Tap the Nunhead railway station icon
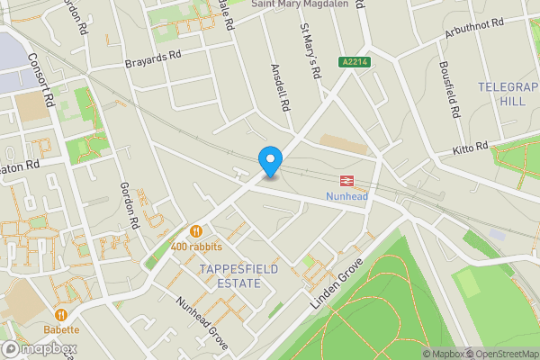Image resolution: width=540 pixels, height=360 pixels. pyautogui.click(x=346, y=182)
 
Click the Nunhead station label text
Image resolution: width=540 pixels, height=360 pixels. pyautogui.click(x=346, y=197)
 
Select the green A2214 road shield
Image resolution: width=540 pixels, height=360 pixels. pyautogui.click(x=354, y=62)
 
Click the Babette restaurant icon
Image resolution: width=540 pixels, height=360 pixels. pyautogui.click(x=61, y=315)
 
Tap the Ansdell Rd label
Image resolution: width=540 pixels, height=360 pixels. pyautogui.click(x=280, y=86)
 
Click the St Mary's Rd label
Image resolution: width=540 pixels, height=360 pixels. pyautogui.click(x=310, y=51)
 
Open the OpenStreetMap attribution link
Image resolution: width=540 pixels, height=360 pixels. pyautogui.click(x=499, y=354)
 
